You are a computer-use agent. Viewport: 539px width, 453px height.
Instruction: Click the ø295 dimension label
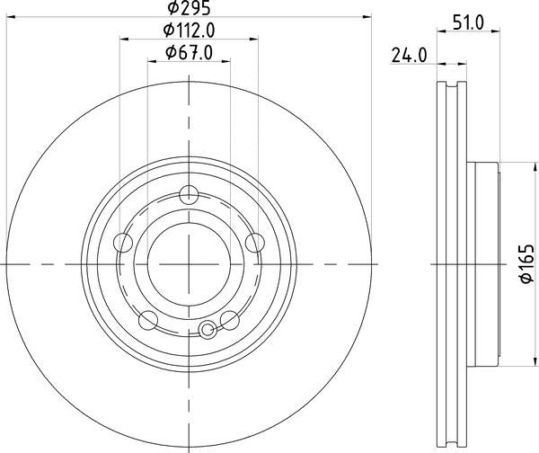pyautogui.click(x=189, y=8)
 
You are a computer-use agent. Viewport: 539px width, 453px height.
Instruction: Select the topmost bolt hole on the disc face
pyautogui.click(x=189, y=194)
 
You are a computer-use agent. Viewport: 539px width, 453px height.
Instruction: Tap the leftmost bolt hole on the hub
pyautogui.click(x=123, y=242)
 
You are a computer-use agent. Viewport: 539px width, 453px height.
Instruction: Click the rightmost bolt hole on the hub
pyautogui.click(x=254, y=242)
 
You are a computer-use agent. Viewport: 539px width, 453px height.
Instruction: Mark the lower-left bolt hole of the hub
pyautogui.click(x=148, y=319)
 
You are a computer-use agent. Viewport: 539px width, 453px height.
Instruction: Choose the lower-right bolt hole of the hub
pyautogui.click(x=229, y=319)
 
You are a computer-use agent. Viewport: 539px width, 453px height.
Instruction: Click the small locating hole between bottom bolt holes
pyautogui.click(x=208, y=330)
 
